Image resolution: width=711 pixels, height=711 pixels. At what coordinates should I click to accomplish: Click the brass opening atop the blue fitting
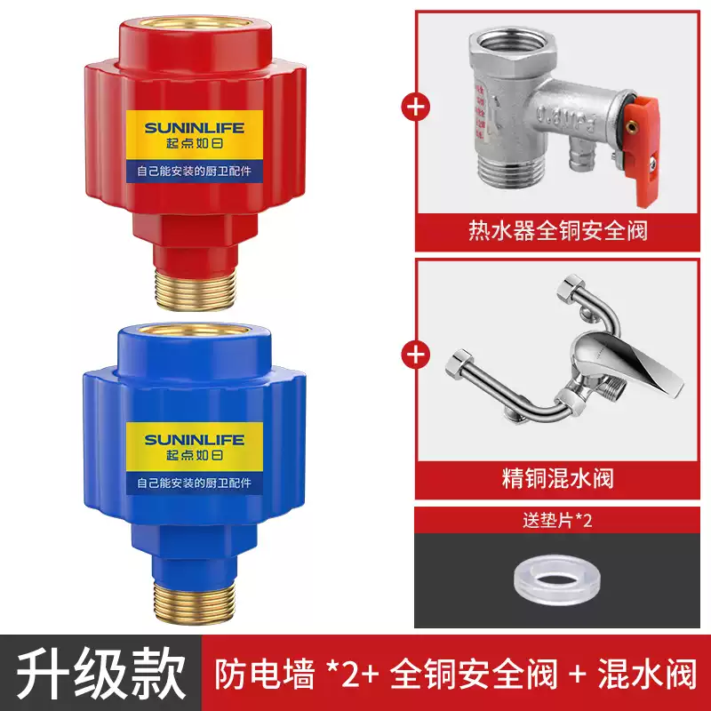click(x=196, y=331)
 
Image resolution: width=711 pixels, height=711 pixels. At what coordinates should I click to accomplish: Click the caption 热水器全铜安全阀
click(x=557, y=231)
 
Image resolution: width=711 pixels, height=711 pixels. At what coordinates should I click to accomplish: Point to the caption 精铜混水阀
click(x=557, y=480)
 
